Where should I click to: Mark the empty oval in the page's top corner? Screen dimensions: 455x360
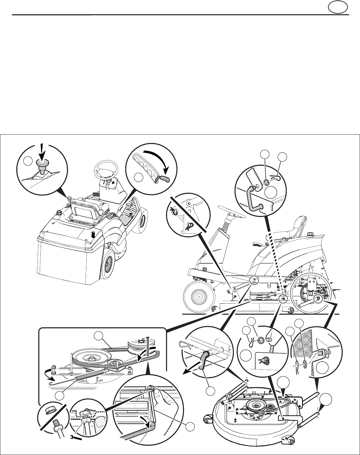pos(337,7)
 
